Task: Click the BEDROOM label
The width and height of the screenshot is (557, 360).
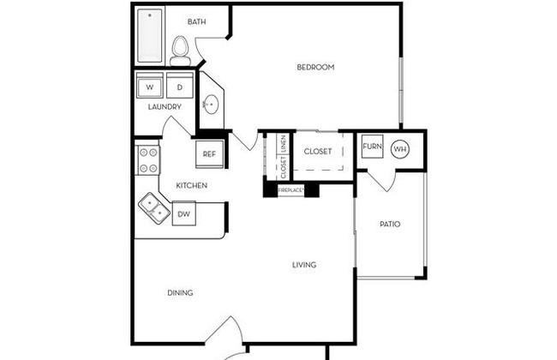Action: (x=315, y=67)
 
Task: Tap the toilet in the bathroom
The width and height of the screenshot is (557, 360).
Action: (x=180, y=51)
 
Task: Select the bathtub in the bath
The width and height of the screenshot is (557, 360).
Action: (x=150, y=35)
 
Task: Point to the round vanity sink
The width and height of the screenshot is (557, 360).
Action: (x=211, y=104)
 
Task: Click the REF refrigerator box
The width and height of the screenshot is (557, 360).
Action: (x=210, y=154)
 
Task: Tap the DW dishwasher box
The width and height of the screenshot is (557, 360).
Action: (x=183, y=213)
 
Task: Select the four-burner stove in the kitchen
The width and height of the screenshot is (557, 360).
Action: (x=148, y=160)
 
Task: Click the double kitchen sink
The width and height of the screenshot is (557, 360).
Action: (x=154, y=208)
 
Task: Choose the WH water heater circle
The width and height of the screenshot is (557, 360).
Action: (x=400, y=149)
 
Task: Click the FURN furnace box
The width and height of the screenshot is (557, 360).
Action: (x=372, y=146)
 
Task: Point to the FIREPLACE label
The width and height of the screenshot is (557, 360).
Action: (x=291, y=190)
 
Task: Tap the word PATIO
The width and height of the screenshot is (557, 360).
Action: (x=390, y=224)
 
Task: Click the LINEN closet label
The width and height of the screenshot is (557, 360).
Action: (x=283, y=144)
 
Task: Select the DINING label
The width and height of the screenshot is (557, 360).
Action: (x=180, y=292)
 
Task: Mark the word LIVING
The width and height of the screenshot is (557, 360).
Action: (x=304, y=265)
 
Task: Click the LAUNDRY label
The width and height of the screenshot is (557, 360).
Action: (x=165, y=106)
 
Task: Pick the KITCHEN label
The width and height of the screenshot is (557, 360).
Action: (x=191, y=185)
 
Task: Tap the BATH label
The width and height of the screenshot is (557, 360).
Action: (x=196, y=21)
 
